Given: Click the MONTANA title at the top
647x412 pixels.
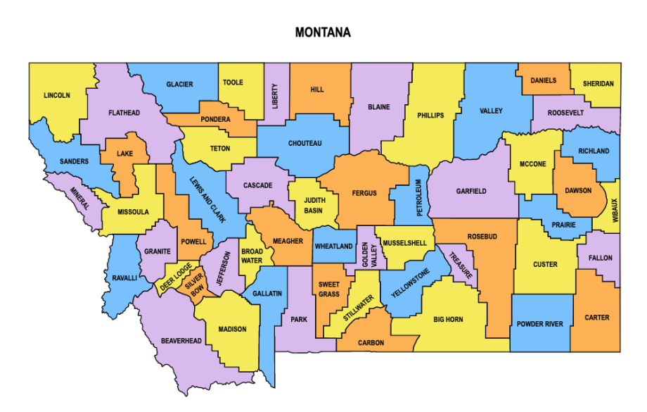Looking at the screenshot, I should (x=323, y=32).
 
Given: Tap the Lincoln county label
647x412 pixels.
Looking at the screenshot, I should (x=57, y=95).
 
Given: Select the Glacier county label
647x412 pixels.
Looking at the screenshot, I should (x=179, y=85).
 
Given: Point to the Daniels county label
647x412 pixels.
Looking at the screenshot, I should (x=543, y=80).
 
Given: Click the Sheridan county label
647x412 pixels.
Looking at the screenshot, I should (x=598, y=84).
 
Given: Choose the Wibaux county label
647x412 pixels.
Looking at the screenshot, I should (x=613, y=210).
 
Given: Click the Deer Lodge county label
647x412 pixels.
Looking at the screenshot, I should (x=175, y=277).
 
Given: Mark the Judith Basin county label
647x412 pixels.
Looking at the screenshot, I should (x=314, y=205).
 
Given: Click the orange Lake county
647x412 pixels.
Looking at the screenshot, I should (x=124, y=154).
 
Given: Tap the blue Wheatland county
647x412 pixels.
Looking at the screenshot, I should (x=333, y=246).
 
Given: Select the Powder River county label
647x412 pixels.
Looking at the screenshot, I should (x=539, y=324).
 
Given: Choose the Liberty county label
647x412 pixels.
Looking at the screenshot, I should (x=275, y=96).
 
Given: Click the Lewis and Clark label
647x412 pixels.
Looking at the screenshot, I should (x=208, y=199).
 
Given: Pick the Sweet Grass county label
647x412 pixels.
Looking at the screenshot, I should (x=328, y=289).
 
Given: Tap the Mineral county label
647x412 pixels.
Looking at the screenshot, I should (x=79, y=199).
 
